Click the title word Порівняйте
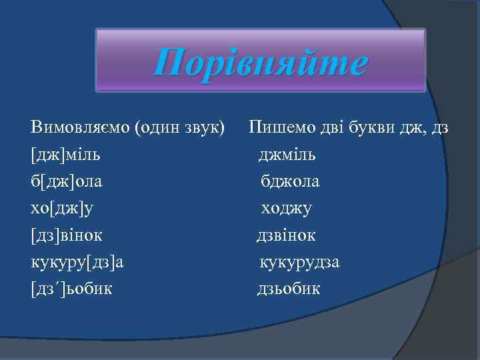[260, 64]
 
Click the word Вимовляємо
[81, 127]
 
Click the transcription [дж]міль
[66, 155]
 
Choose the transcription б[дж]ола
[67, 181]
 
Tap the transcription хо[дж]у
[63, 208]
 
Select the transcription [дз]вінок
[67, 235]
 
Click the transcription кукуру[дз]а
[77, 262]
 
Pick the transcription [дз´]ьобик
[72, 289]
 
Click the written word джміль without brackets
[288, 155]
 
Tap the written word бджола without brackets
[290, 181]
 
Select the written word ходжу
[287, 208]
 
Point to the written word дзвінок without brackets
[287, 235]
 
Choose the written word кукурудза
[299, 262]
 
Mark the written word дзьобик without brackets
[289, 289]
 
